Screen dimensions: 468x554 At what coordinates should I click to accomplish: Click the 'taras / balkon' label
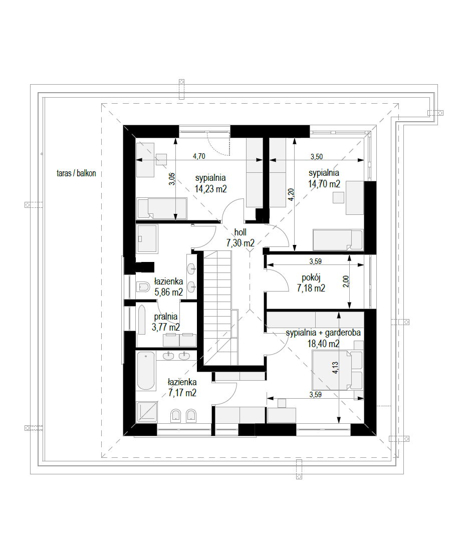[x=76, y=173]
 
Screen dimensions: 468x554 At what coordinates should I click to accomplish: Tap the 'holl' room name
[x=241, y=232]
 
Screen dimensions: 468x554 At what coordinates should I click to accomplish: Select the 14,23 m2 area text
[x=210, y=189]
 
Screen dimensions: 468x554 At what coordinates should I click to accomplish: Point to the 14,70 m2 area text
[x=324, y=184]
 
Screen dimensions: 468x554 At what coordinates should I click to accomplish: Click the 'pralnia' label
[x=166, y=317]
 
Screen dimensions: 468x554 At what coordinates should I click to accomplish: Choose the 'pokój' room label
[x=311, y=278]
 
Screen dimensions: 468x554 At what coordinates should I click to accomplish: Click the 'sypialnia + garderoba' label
[x=323, y=333]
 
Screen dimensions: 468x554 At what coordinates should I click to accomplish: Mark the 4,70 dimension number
[x=199, y=156]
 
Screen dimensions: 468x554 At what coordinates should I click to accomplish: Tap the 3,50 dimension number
[x=317, y=156]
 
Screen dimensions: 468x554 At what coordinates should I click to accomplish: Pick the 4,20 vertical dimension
[x=291, y=195]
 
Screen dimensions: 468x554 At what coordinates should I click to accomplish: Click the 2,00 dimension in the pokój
[x=346, y=281]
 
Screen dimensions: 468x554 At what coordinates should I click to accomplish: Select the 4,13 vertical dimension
[x=335, y=368]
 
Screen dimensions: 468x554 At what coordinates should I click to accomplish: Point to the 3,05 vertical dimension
[x=171, y=179]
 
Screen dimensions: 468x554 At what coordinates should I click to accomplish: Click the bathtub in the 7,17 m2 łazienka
[x=146, y=371]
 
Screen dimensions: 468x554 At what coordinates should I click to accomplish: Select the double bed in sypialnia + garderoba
[x=337, y=370]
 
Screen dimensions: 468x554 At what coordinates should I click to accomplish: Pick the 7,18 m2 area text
[x=311, y=289]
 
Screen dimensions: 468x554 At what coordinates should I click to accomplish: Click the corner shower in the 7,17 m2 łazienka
[x=147, y=412]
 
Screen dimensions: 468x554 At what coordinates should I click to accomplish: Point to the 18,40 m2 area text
[x=323, y=344]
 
